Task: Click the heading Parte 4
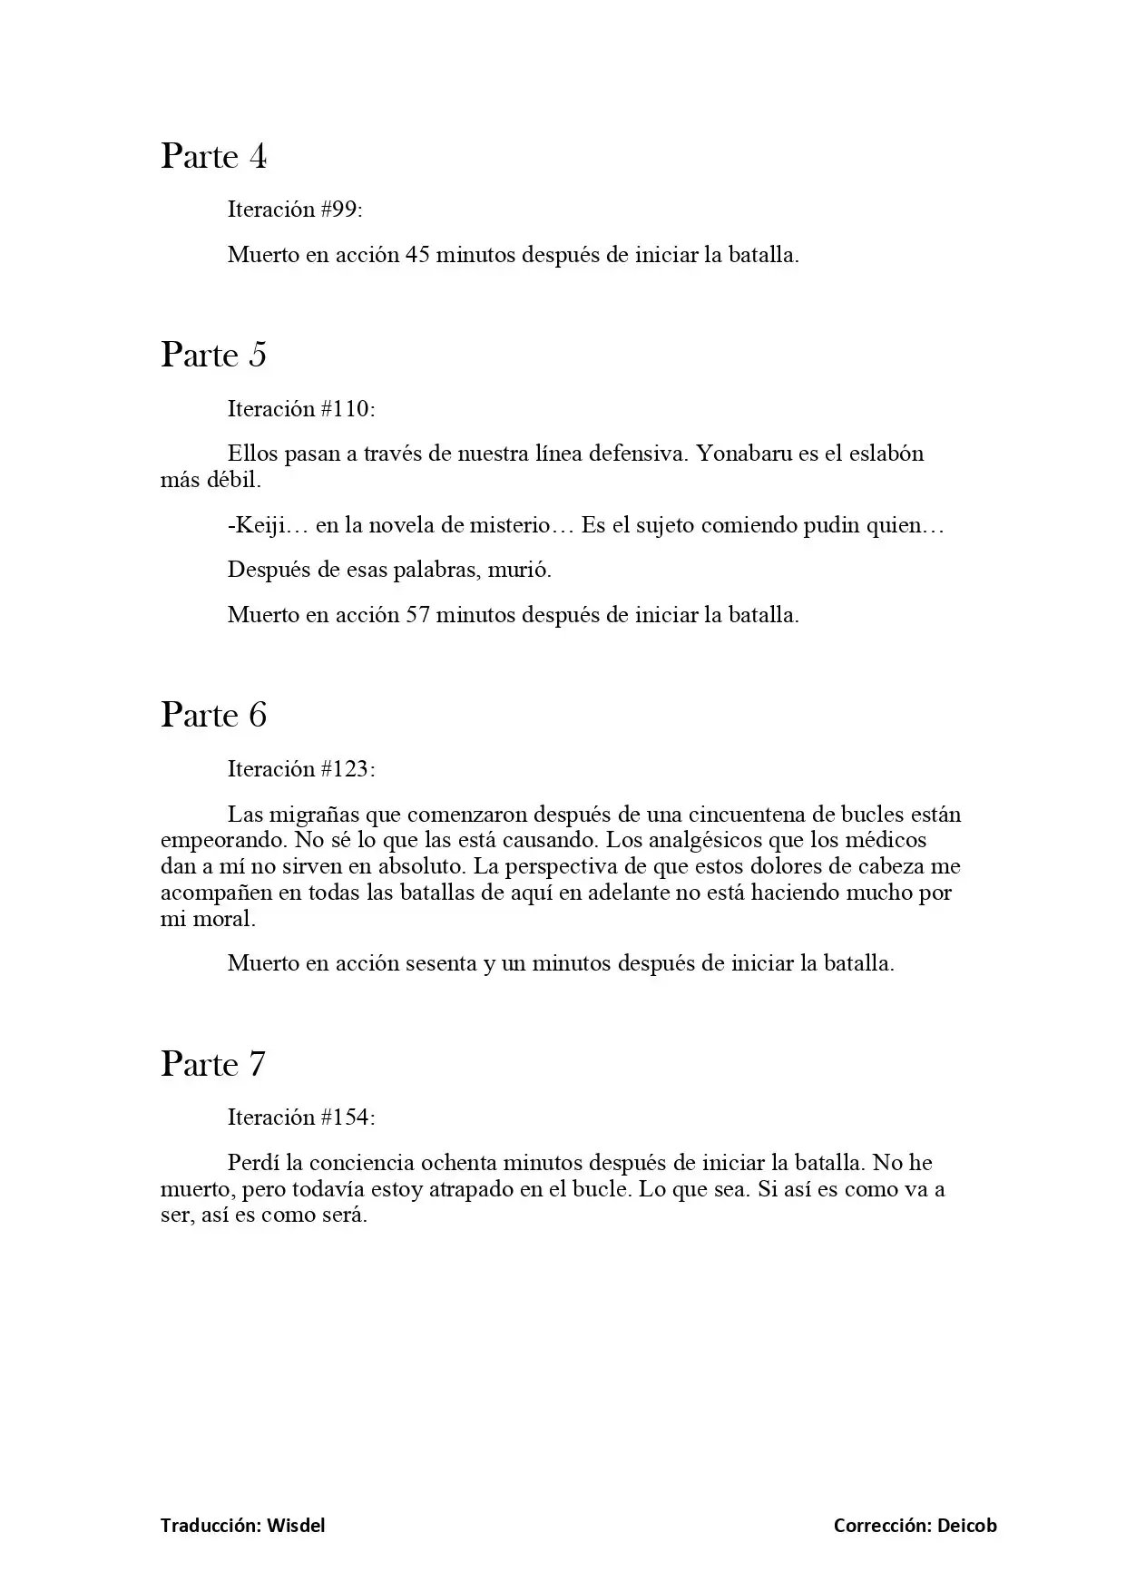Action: [214, 157]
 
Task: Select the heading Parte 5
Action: [214, 355]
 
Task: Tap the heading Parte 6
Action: [214, 716]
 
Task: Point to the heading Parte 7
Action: [214, 1064]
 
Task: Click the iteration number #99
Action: [341, 210]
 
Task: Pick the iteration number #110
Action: [348, 409]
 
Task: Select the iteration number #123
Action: [348, 769]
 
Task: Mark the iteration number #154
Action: [348, 1118]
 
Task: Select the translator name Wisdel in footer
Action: [296, 1526]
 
